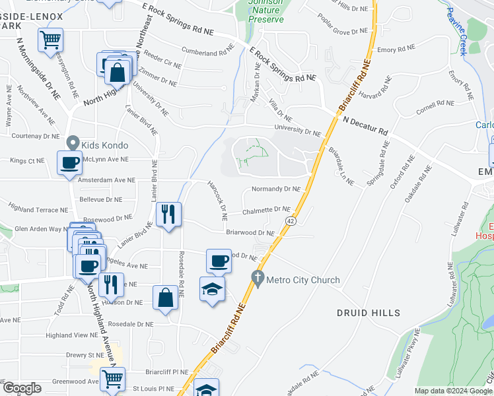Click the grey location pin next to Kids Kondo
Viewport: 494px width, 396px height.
tap(73, 143)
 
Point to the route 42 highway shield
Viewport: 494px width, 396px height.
tap(289, 220)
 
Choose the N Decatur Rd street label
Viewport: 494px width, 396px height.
tap(365, 124)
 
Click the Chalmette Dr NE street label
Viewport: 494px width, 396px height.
tap(266, 210)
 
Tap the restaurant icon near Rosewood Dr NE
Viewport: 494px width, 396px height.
tap(168, 214)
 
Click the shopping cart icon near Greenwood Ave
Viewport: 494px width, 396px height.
tap(113, 379)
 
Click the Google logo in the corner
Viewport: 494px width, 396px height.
tap(22, 388)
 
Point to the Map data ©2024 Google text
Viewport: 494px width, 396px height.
tap(453, 391)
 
